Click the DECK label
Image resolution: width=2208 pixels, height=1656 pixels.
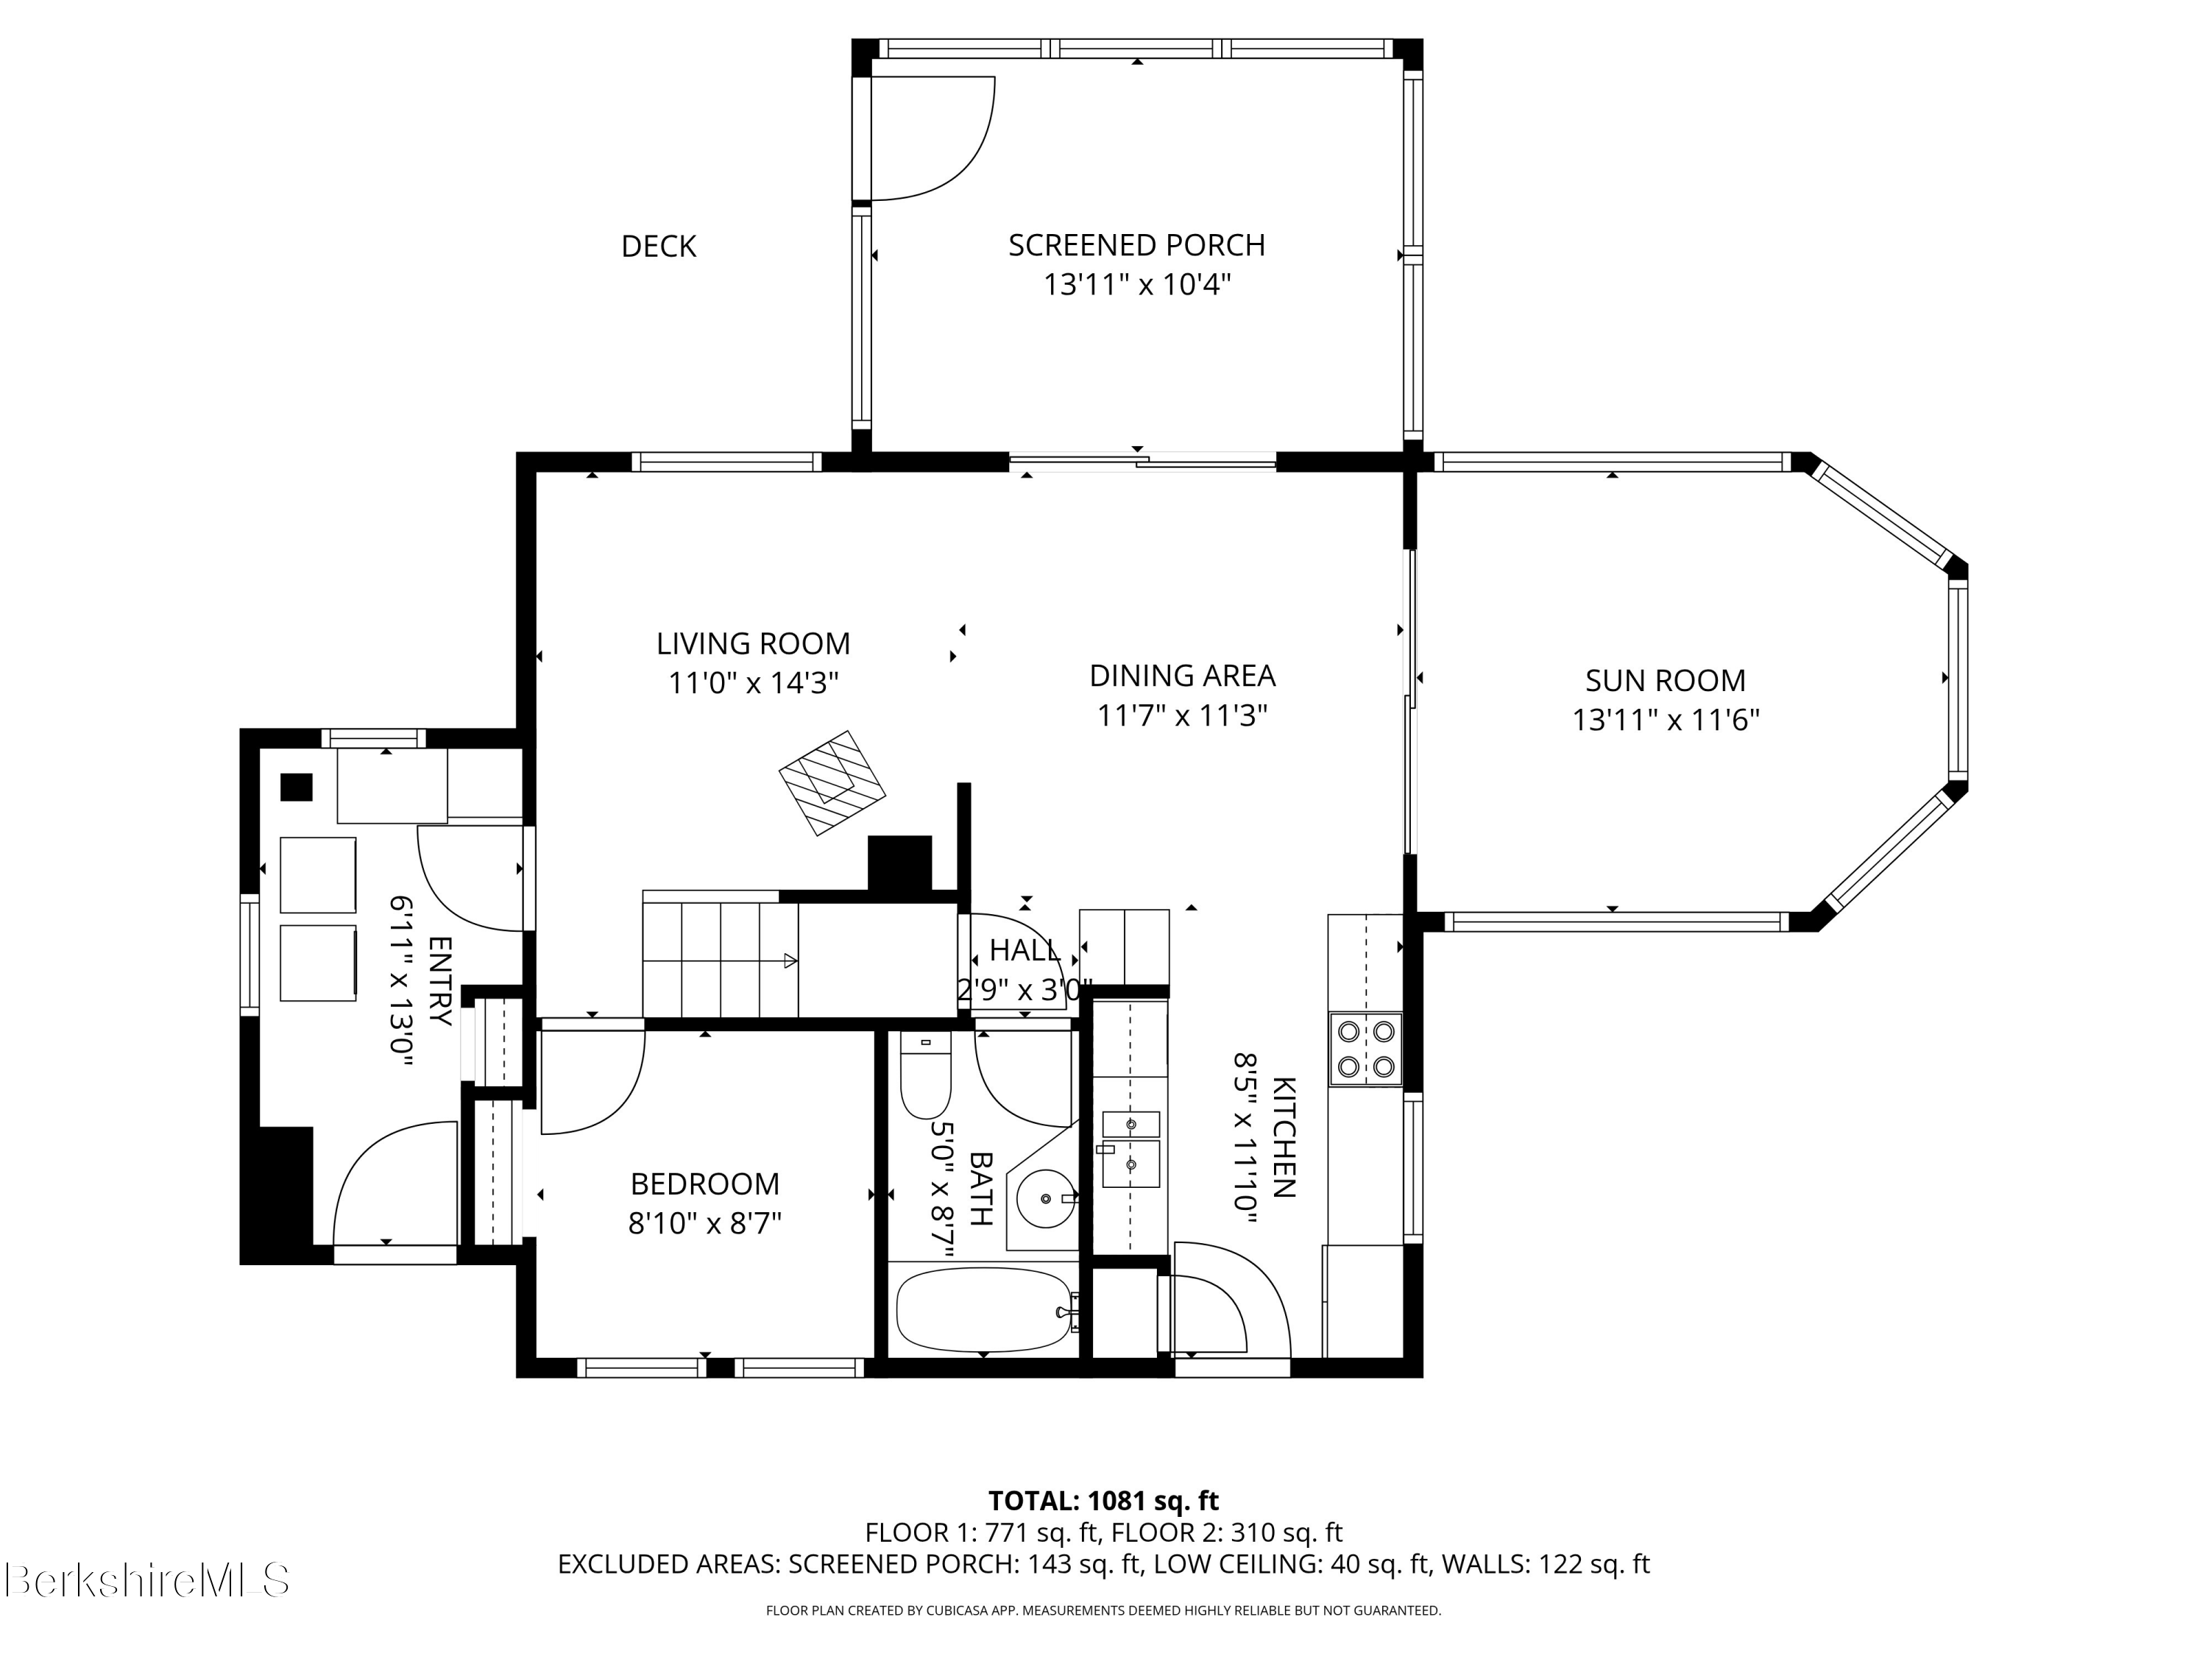coord(658,247)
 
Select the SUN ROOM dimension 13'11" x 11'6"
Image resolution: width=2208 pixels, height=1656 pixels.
coord(1665,720)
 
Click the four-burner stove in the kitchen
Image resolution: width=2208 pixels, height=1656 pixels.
coord(1365,1049)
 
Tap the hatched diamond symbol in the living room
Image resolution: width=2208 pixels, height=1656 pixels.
coord(832,782)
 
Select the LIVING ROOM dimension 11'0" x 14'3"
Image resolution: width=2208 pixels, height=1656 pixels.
coord(753,684)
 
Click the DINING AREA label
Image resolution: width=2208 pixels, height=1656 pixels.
coord(1182,676)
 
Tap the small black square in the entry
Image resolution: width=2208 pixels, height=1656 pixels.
coord(297,788)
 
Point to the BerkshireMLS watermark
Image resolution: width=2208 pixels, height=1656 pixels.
coord(146,1580)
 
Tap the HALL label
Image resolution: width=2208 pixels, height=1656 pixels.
coord(1025,950)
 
